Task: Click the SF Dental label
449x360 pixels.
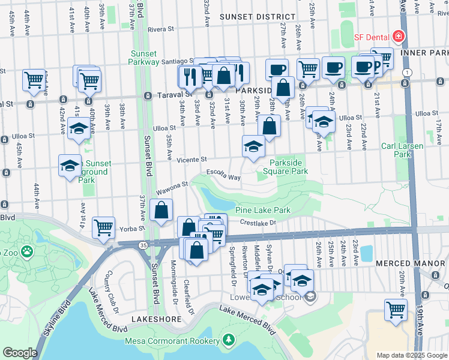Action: click(x=371, y=37)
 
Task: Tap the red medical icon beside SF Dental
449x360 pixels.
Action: click(x=398, y=37)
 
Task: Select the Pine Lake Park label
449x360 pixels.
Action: click(x=263, y=210)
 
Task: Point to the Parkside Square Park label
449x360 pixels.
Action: click(x=289, y=167)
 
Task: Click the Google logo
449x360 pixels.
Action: click(x=19, y=353)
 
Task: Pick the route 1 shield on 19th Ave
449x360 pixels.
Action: click(x=408, y=73)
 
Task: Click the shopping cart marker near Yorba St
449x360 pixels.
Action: click(x=104, y=227)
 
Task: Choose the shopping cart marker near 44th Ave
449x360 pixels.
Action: click(x=34, y=79)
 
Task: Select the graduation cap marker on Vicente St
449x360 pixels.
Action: click(x=253, y=146)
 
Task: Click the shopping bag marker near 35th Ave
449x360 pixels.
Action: click(x=161, y=210)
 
